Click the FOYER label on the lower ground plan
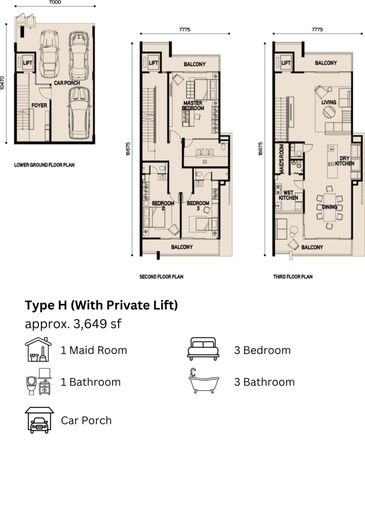[39, 106]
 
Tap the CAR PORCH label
[67, 83]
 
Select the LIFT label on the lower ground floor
[28, 63]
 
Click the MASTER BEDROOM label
[193, 106]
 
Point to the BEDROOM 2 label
[163, 205]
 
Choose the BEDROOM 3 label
[198, 205]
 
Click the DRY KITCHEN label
[345, 161]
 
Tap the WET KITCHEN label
[288, 195]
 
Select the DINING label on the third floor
[329, 206]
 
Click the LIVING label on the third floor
[329, 102]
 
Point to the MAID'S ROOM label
[282, 159]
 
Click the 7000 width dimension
[54, 3]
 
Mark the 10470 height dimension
[3, 83]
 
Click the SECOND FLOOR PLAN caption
[161, 277]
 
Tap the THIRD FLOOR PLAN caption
[292, 277]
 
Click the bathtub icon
[204, 381]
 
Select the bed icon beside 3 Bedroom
[203, 349]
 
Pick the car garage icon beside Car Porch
[39, 420]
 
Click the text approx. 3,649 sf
[73, 324]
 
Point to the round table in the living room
[329, 112]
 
